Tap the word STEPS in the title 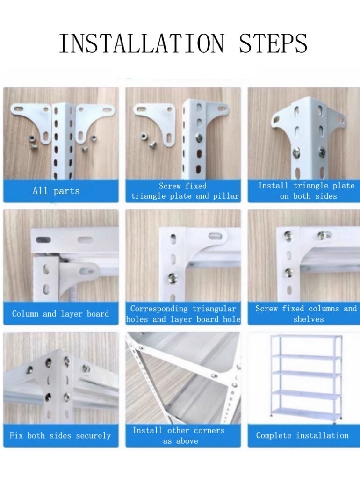coord(273,43)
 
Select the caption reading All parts coord(56,191)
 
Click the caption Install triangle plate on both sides coord(306,191)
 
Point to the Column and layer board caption coord(60,314)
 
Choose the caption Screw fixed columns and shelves coord(306,314)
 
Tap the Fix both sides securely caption coord(60,435)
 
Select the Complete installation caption coord(302,435)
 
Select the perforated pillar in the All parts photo coord(61,140)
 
